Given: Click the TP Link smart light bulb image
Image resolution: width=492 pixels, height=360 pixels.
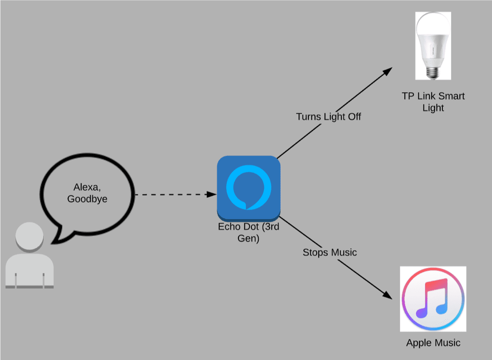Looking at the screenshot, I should tap(433, 45).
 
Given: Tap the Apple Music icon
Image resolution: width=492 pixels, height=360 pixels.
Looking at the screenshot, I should tap(433, 299).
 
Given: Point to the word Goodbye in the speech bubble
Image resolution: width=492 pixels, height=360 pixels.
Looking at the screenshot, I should tap(87, 200).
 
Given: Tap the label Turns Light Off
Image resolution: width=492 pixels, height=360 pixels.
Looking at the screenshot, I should tap(328, 117).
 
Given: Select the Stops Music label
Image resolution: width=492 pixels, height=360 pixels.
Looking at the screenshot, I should tap(330, 252).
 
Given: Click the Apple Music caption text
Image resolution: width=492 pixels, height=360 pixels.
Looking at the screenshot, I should tap(433, 343).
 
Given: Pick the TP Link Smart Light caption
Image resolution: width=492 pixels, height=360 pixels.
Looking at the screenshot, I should tap(433, 102).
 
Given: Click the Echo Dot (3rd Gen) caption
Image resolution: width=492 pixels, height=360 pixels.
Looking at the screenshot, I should tap(248, 233).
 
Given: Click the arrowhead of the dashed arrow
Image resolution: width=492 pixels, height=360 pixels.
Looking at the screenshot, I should tap(212, 195).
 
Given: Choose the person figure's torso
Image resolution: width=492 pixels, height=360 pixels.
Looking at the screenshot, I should tap(29, 270).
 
